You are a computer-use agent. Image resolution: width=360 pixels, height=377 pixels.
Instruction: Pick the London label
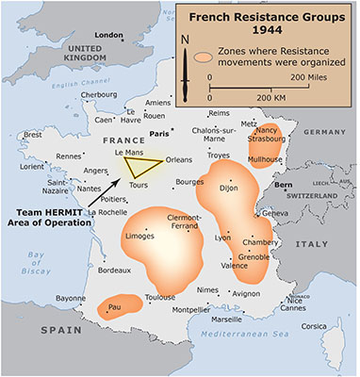tap(110, 35)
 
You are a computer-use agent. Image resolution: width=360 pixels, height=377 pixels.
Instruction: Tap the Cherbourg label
tap(100, 94)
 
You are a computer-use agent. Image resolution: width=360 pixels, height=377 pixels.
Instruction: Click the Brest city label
tap(33, 134)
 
